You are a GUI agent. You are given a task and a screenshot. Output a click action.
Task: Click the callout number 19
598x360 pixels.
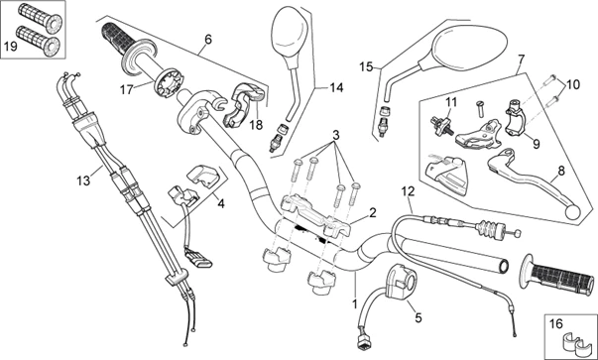click(10, 47)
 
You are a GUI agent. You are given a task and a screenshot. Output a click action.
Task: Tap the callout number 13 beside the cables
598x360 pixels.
click(83, 180)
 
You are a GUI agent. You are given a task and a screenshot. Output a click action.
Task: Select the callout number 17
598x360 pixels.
click(126, 90)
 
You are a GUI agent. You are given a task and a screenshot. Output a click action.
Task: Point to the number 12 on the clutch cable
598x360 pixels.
click(408, 191)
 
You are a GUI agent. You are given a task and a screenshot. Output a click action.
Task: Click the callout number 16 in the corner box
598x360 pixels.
click(555, 323)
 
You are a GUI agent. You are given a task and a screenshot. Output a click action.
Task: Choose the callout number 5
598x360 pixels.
click(419, 317)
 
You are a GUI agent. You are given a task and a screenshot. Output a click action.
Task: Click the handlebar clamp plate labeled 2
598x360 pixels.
click(315, 215)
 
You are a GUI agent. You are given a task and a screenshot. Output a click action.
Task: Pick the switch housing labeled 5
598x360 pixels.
click(403, 282)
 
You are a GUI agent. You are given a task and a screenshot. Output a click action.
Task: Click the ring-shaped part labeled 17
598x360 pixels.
click(169, 82)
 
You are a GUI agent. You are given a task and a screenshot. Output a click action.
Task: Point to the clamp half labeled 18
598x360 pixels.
click(243, 104)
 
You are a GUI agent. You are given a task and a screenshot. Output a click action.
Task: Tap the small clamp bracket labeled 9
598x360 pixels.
click(517, 116)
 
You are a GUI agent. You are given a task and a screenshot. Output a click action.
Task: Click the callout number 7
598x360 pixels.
click(521, 60)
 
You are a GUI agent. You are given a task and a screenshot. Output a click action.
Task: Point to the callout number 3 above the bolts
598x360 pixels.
click(335, 136)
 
